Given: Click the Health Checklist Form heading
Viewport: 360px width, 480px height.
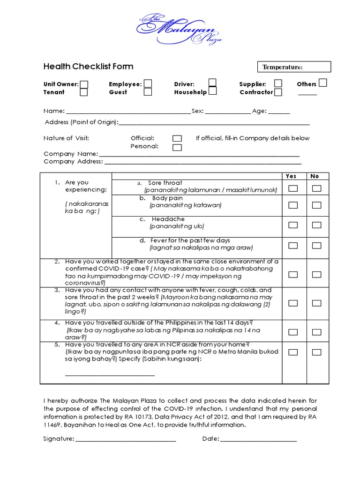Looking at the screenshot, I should (88, 67).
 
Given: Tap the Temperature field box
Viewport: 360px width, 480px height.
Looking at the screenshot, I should (294, 67).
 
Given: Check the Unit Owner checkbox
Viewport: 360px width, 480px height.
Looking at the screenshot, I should (84, 84).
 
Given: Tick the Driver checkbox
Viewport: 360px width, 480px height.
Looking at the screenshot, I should (212, 83).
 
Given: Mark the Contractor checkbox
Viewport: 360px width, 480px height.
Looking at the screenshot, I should (278, 92).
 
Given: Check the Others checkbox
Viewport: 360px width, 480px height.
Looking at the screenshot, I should (322, 83).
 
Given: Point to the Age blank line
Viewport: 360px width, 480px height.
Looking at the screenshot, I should (279, 112).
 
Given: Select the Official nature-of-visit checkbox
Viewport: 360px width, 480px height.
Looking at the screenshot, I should (177, 138).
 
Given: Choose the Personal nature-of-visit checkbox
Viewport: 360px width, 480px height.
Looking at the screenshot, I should (177, 147).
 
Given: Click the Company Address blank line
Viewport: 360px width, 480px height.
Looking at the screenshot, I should (202, 162).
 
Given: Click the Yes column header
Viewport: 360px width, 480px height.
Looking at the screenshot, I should (291, 176).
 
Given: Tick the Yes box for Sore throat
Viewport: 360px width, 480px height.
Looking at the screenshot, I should (293, 188).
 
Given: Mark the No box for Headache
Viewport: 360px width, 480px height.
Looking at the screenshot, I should (317, 225).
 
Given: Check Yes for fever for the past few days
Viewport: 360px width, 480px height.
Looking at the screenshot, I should (293, 245).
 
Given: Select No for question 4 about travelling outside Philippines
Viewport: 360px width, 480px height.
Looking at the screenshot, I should (317, 332).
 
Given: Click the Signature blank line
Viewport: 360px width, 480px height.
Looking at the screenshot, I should (125, 439).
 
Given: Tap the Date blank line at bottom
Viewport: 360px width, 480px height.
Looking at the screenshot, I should (258, 439).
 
